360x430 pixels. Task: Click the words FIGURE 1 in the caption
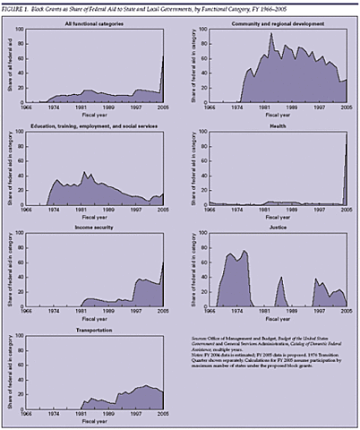(20, 8)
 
